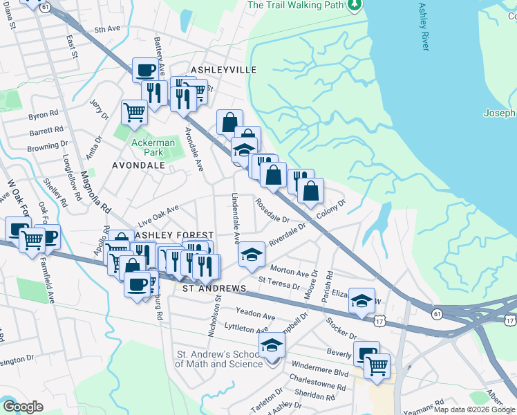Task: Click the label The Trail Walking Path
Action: click(x=295, y=5)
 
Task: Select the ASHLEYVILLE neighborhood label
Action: click(x=214, y=70)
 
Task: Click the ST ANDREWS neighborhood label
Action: click(x=214, y=287)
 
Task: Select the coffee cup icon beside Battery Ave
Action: click(x=145, y=70)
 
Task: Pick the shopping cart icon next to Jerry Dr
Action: click(x=134, y=112)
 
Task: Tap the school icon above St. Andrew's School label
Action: click(x=272, y=345)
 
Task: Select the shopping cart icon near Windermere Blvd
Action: click(x=377, y=366)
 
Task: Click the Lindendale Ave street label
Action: click(x=236, y=219)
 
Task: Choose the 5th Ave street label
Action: click(x=107, y=30)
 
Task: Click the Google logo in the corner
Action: click(x=23, y=407)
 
